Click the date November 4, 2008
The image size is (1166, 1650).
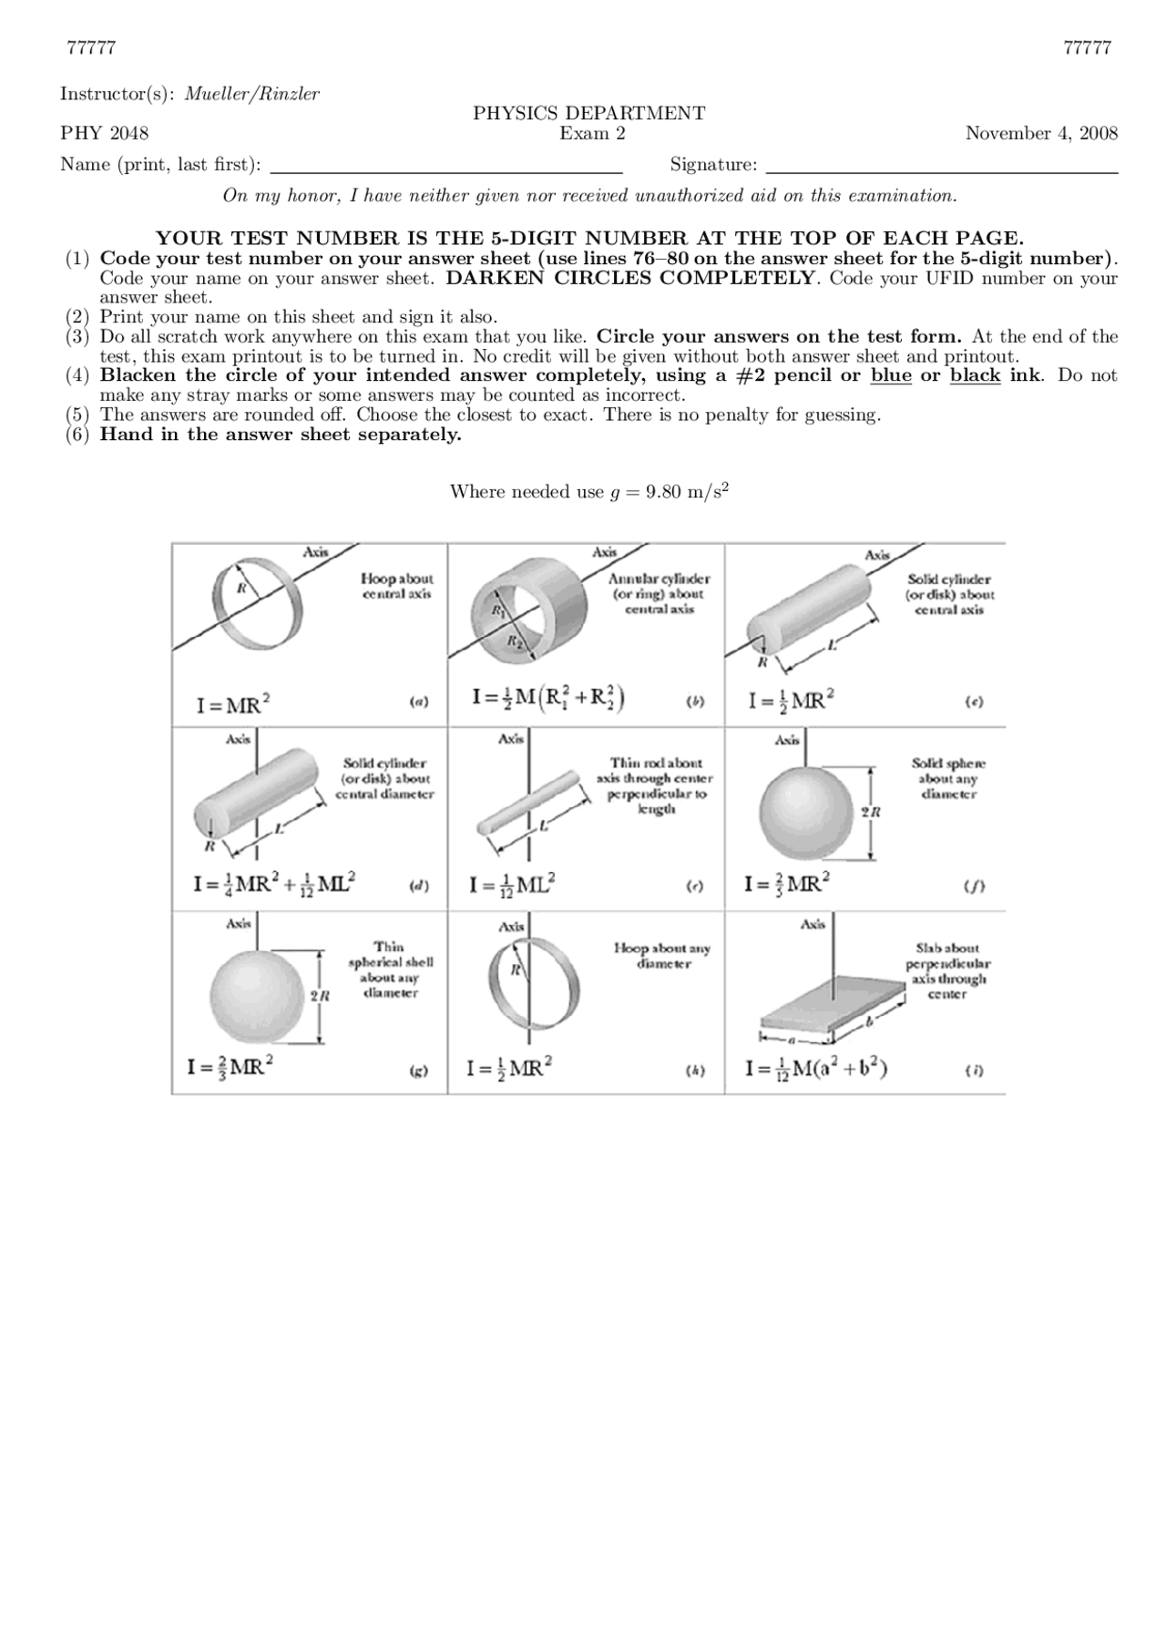[x=1041, y=134]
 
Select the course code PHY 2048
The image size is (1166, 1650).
[x=105, y=134]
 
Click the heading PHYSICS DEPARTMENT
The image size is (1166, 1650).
[x=588, y=113]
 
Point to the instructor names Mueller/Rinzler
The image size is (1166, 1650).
[x=252, y=94]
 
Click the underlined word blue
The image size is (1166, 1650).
[x=891, y=375]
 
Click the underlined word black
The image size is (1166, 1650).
[x=975, y=375]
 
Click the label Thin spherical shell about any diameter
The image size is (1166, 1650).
[x=391, y=970]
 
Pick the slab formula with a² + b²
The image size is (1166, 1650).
[x=816, y=1068]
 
